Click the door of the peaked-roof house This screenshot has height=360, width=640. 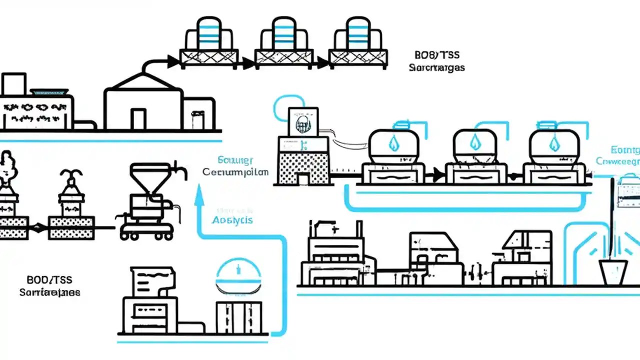138,119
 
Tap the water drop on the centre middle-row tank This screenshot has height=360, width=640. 474,143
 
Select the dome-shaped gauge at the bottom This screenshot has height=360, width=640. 238,277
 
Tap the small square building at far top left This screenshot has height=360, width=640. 13,84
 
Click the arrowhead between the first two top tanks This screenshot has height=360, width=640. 247,63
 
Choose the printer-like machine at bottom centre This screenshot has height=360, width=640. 150,300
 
